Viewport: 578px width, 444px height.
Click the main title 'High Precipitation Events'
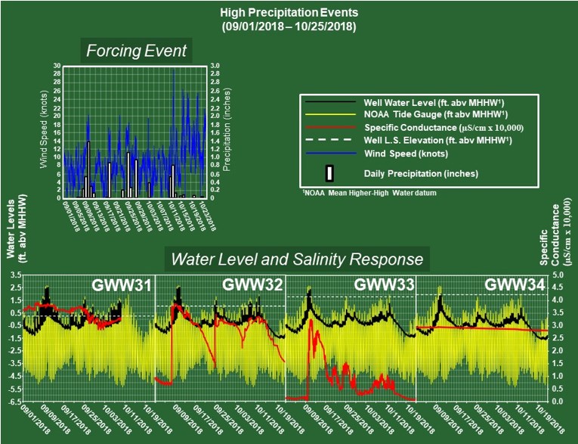coord(288,14)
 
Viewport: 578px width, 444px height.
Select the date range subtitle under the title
coord(288,26)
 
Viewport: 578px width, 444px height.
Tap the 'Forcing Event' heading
coord(136,51)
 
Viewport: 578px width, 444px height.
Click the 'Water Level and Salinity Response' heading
coord(297,259)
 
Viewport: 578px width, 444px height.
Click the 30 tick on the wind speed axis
coord(57,65)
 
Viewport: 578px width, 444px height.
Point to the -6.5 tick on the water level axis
coord(14,401)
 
